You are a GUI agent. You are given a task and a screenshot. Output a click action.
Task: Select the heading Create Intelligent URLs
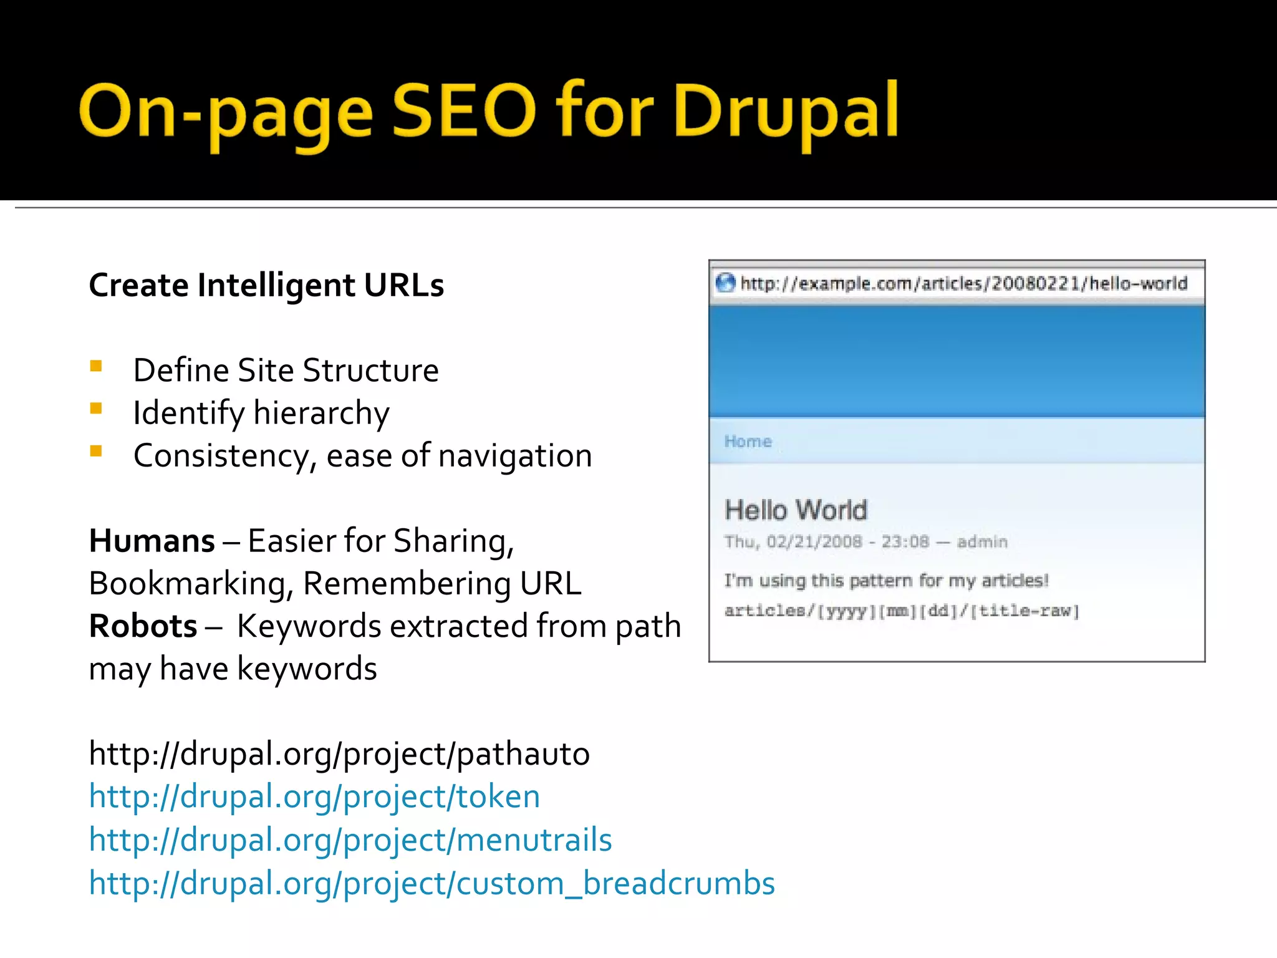pyautogui.click(x=266, y=286)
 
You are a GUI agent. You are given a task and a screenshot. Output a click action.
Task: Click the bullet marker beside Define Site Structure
pyautogui.click(x=96, y=366)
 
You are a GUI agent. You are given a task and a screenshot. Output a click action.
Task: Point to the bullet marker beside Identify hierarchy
pyautogui.click(x=96, y=409)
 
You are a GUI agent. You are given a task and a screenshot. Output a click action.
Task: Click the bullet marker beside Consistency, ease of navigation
pyautogui.click(x=96, y=451)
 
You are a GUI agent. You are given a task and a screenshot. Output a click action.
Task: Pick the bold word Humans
pyautogui.click(x=152, y=541)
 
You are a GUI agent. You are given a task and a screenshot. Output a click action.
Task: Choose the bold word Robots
pyautogui.click(x=143, y=626)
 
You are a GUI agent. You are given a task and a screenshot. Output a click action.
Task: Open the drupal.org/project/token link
pyautogui.click(x=314, y=796)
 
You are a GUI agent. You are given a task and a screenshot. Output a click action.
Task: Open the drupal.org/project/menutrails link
pyautogui.click(x=350, y=839)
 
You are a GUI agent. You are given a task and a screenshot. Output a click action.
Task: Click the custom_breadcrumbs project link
pyautogui.click(x=431, y=883)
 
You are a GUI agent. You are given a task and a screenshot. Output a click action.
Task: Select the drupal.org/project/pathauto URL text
pyautogui.click(x=339, y=753)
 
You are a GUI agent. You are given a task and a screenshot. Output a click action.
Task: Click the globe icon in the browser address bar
pyautogui.click(x=725, y=283)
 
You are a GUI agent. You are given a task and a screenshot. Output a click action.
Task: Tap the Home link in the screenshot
pyautogui.click(x=748, y=442)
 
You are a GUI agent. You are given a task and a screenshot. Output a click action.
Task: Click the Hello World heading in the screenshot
pyautogui.click(x=796, y=510)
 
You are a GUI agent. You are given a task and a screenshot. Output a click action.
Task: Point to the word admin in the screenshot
pyautogui.click(x=982, y=541)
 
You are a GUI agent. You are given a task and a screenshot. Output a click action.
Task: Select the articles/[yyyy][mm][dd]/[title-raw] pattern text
pyautogui.click(x=901, y=611)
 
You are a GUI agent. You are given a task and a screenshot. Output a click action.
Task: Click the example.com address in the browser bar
pyautogui.click(x=963, y=284)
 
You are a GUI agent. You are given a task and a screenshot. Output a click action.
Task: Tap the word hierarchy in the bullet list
pyautogui.click(x=321, y=413)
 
